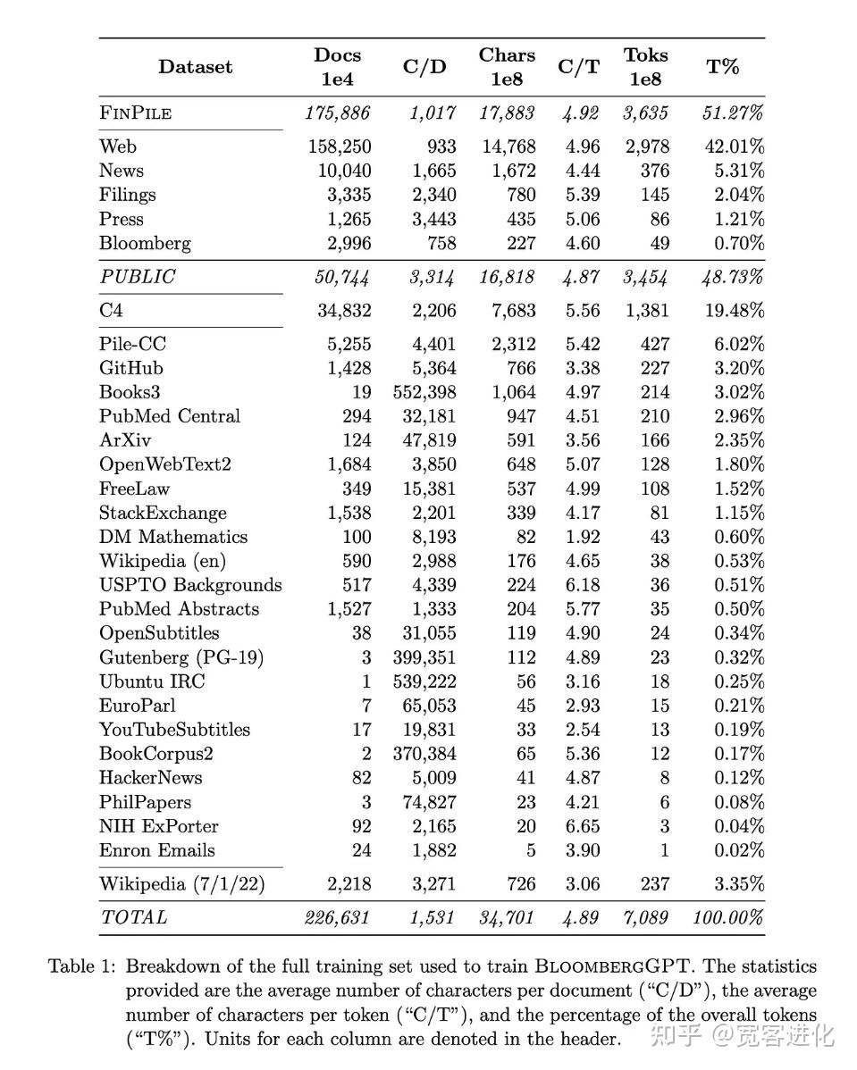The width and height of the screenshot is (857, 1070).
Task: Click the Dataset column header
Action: (195, 67)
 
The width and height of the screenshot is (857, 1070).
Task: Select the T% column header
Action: (722, 67)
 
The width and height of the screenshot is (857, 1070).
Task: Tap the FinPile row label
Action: (135, 113)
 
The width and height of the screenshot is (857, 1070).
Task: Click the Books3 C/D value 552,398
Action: (424, 392)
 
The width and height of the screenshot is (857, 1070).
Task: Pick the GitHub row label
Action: (131, 368)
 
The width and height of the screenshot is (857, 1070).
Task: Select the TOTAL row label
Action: (134, 917)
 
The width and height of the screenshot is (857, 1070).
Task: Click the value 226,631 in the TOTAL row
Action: (337, 917)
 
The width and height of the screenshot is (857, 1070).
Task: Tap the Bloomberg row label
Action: (145, 243)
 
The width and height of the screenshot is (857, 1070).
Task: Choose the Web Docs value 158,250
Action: (340, 146)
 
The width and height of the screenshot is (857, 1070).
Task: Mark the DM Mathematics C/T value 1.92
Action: (582, 537)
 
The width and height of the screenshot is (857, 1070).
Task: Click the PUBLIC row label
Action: (138, 277)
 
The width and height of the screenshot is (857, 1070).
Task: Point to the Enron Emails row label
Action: (157, 850)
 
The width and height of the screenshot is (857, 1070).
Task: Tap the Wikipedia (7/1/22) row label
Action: (182, 884)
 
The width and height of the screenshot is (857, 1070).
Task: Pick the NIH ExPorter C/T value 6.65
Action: (582, 826)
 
